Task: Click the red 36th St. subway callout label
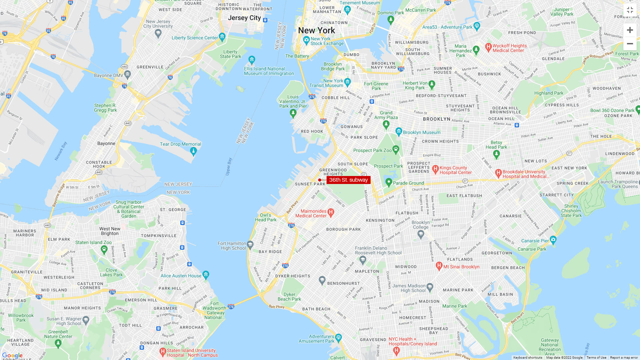[x=348, y=180]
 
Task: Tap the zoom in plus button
[x=630, y=30]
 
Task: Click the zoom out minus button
[x=630, y=44]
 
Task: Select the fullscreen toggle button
[x=630, y=10]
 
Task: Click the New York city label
[x=316, y=30]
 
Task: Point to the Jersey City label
[x=244, y=18]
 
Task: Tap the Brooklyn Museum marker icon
[x=399, y=132]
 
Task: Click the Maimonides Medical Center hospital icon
[x=331, y=212]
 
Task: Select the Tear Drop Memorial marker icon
[x=193, y=151]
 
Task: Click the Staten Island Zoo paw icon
[x=104, y=249]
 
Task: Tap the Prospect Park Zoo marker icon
[x=396, y=149]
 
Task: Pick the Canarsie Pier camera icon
[x=553, y=239]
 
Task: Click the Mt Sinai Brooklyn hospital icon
[x=439, y=266]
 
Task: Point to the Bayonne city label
[x=106, y=144]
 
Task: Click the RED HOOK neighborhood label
[x=312, y=131]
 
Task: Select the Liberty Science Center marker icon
[x=222, y=36]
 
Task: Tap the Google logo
[x=12, y=356]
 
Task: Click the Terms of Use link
[x=596, y=358]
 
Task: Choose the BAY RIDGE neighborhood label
[x=270, y=252]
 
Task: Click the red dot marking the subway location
[x=320, y=180]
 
